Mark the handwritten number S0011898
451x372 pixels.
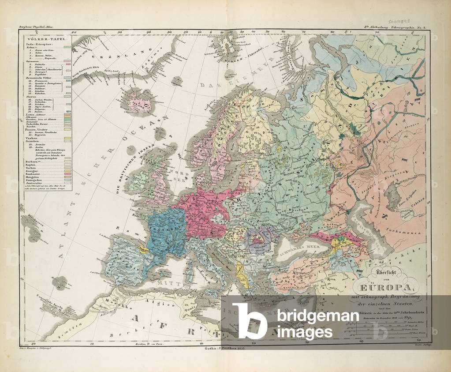400,21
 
